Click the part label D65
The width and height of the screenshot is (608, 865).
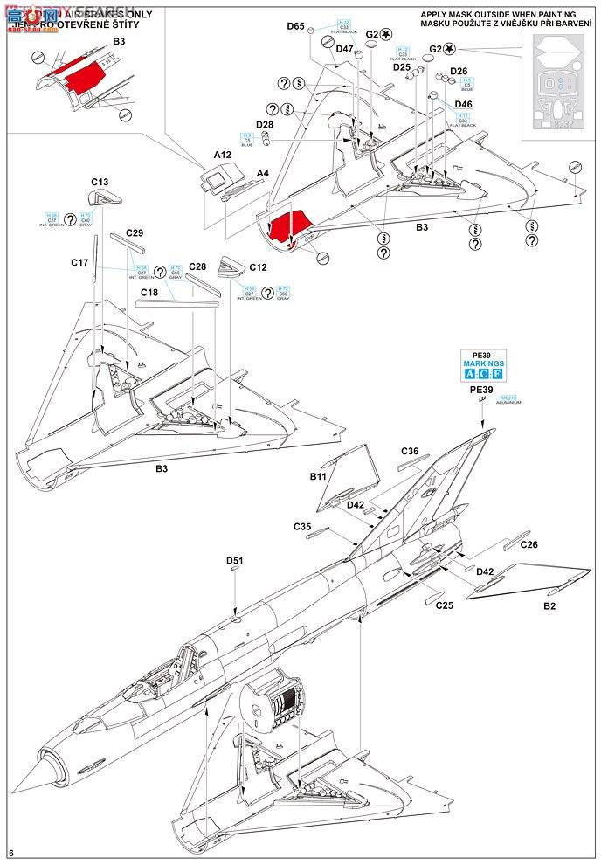click(x=294, y=26)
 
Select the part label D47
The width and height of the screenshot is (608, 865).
click(x=344, y=49)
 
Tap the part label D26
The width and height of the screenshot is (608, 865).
click(x=459, y=72)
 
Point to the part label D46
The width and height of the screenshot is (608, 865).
click(x=463, y=105)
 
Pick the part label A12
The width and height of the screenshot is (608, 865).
click(x=197, y=155)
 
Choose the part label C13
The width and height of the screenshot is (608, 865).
click(x=100, y=183)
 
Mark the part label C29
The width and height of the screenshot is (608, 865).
click(x=135, y=232)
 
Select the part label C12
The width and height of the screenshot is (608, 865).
click(x=258, y=267)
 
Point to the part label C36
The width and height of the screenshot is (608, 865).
click(x=410, y=452)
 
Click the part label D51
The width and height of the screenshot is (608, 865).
click(x=234, y=560)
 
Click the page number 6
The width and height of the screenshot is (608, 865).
click(x=10, y=852)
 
